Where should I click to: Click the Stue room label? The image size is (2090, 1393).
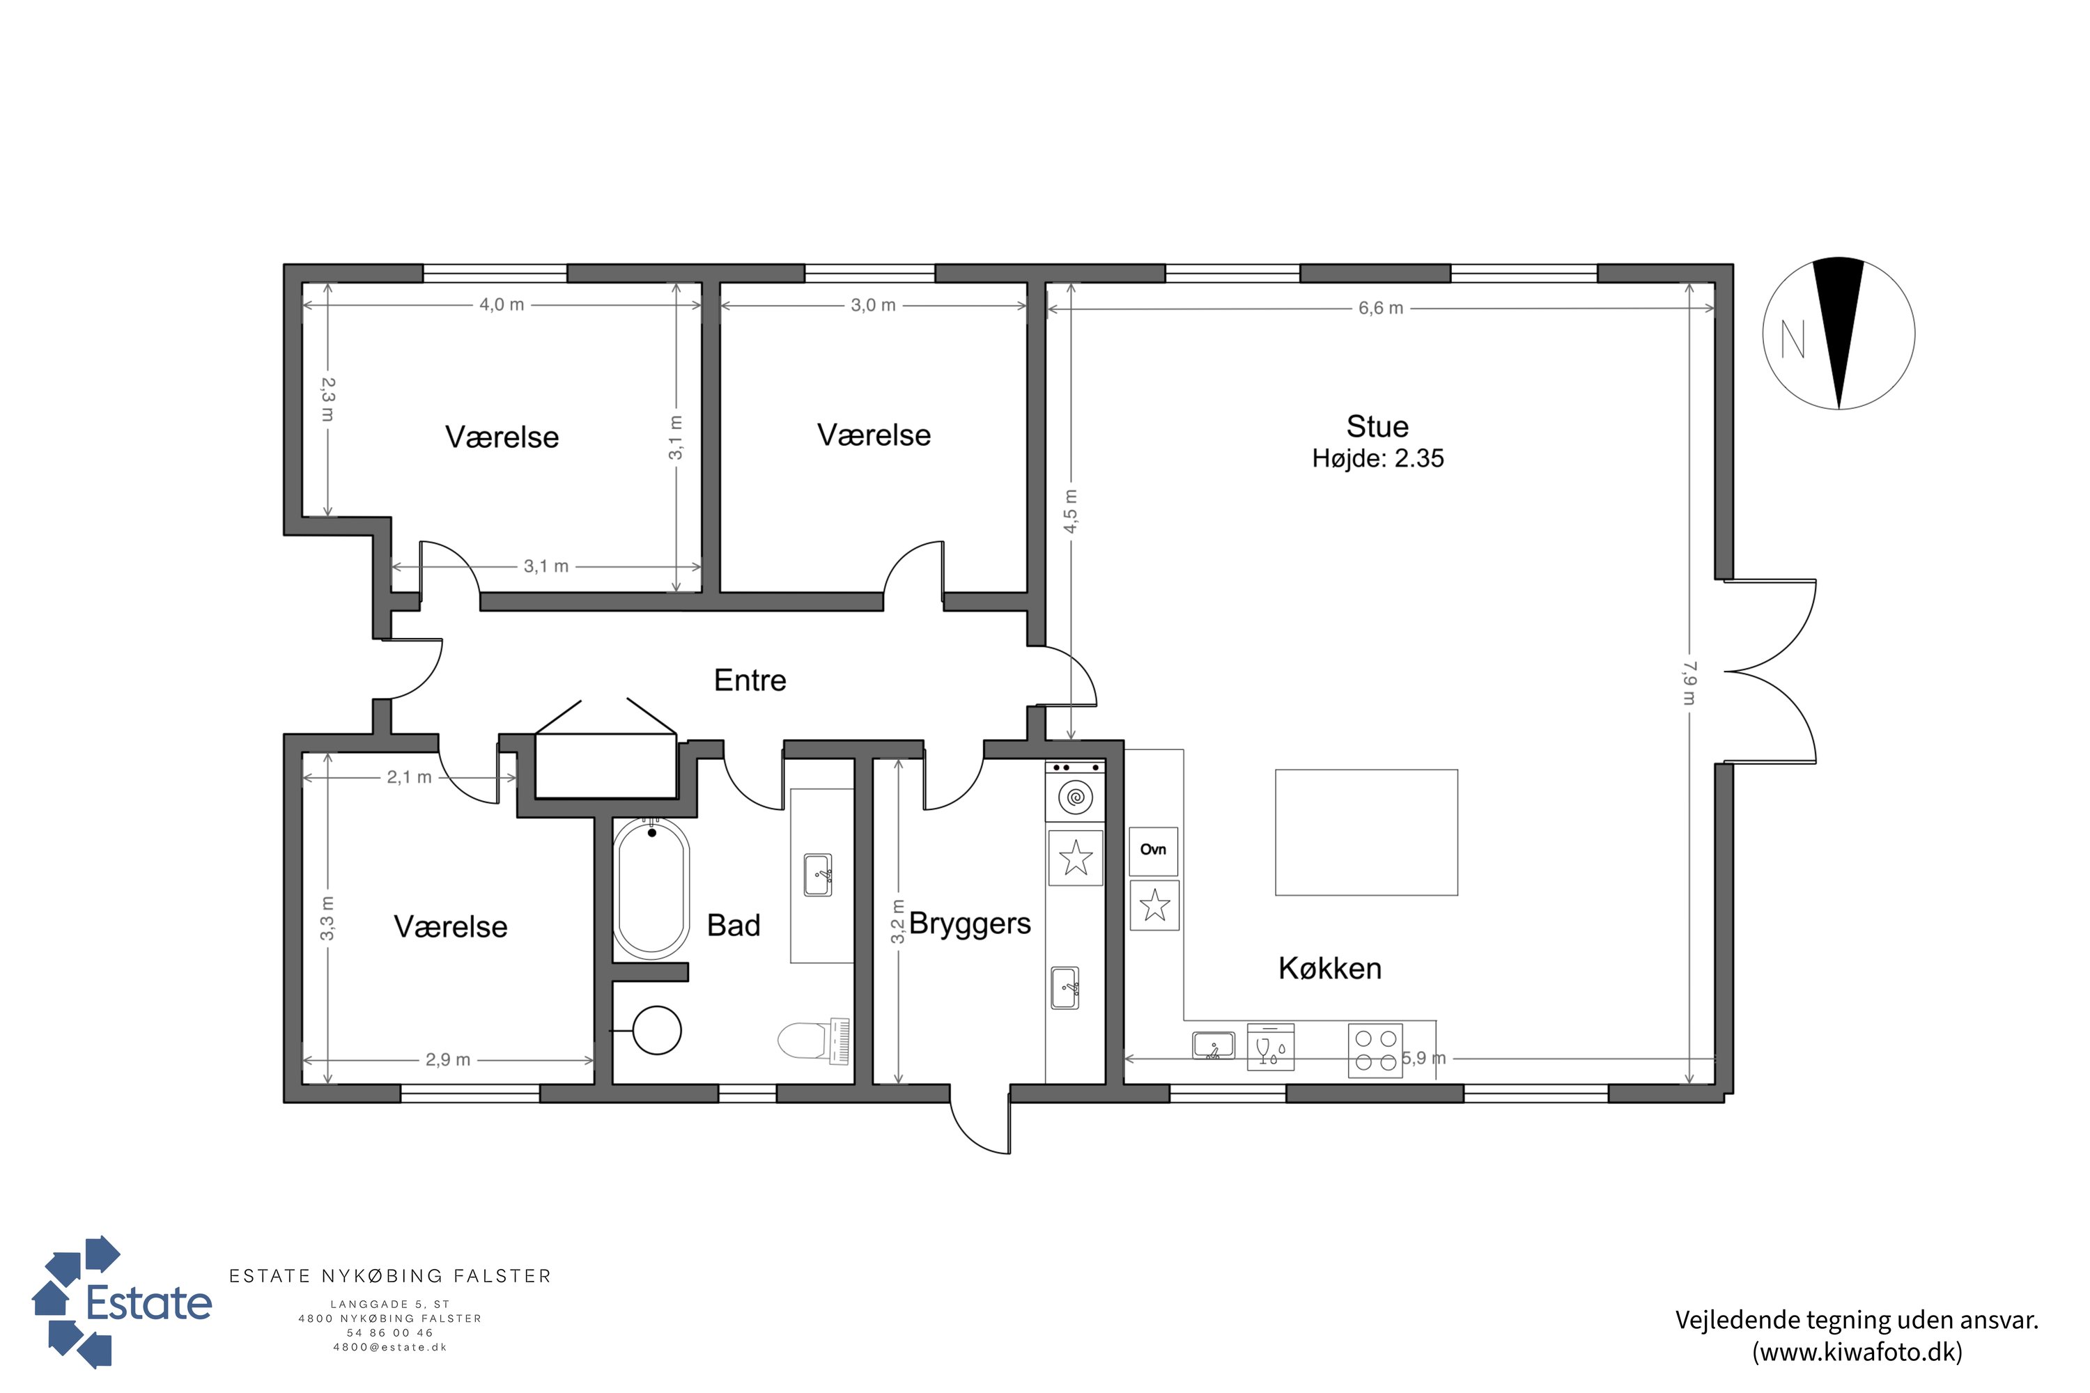[x=1377, y=426]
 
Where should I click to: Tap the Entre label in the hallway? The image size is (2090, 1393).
[x=750, y=680]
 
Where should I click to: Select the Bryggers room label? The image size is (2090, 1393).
[x=970, y=925]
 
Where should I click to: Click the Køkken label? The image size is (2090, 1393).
[x=1329, y=968]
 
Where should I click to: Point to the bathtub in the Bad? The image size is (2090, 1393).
[x=652, y=889]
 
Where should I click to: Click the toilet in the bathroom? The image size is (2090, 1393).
[x=813, y=1041]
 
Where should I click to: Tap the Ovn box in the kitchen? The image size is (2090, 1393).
[x=1154, y=851]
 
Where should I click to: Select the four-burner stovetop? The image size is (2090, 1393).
[x=1375, y=1051]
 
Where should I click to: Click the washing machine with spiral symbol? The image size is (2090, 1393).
[x=1075, y=796]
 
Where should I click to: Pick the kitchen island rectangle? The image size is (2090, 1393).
[x=1365, y=832]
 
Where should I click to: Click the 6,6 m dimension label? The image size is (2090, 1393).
[x=1380, y=309]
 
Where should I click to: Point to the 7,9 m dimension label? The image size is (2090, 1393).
[x=1689, y=683]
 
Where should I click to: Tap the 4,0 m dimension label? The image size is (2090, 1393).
[x=502, y=305]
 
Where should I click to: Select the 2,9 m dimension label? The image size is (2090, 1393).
[x=448, y=1060]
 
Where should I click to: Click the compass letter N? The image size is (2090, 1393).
[x=1793, y=338]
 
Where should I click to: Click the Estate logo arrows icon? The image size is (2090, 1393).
[x=77, y=1302]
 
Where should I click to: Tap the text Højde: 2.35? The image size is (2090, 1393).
[x=1377, y=458]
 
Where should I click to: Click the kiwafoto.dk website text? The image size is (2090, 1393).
[x=1857, y=1351]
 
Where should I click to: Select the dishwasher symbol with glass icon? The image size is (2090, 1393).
[x=1270, y=1047]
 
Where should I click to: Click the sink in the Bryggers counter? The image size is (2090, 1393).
[x=1065, y=988]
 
